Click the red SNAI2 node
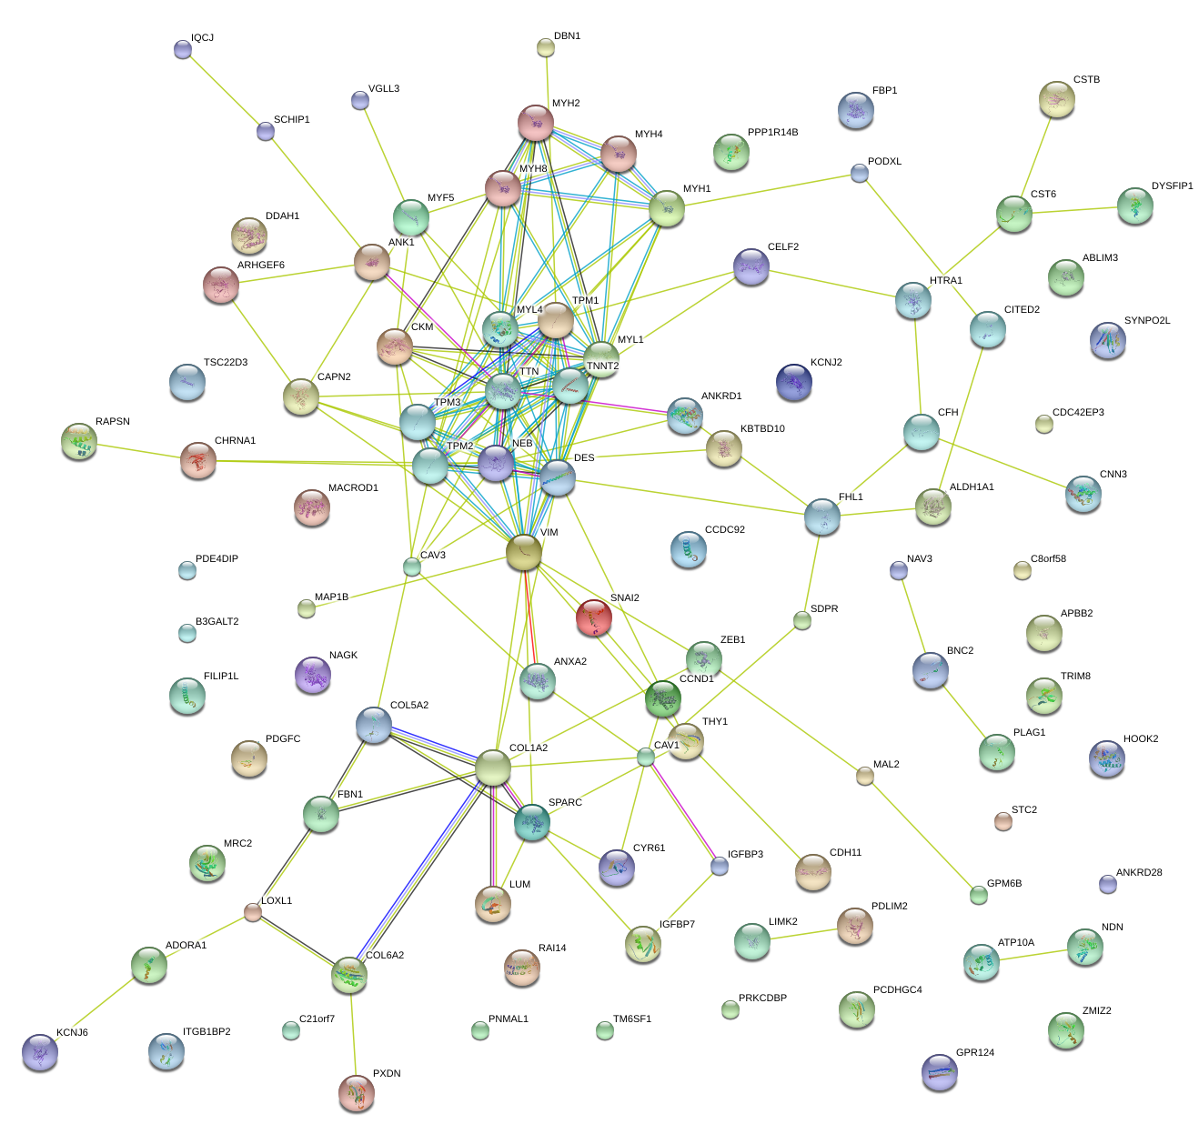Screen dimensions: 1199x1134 click(593, 617)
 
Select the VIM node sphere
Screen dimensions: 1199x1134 click(524, 552)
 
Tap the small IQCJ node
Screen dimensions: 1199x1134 click(182, 49)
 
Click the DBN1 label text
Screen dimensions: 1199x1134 click(567, 36)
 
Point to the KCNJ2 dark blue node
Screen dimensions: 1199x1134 click(794, 382)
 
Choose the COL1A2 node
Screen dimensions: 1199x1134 click(493, 768)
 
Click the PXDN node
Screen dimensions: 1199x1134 click(356, 1092)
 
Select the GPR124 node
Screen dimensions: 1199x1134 click(939, 1072)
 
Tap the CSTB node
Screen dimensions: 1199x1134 click(1056, 99)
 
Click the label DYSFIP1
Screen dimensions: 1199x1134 click(1172, 186)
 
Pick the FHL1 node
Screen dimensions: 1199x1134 click(822, 517)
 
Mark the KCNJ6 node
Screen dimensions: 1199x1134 click(40, 1052)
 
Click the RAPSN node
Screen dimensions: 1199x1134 click(79, 441)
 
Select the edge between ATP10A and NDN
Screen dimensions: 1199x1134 click(1033, 954)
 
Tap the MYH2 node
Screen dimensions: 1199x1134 click(536, 123)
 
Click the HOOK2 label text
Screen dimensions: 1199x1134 click(1141, 739)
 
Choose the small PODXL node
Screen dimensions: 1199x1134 click(859, 173)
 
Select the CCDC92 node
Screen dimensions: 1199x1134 click(688, 549)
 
